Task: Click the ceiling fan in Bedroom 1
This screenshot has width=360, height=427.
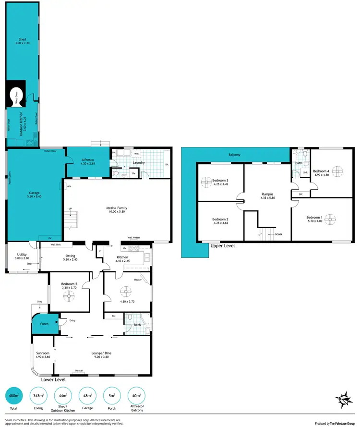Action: [x=330, y=219]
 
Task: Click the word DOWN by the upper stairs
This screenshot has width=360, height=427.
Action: [x=278, y=234]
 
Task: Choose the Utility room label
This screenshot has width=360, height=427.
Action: [x=22, y=255]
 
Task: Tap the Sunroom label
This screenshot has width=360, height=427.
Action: [x=43, y=354]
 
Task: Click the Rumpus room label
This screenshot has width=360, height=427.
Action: [x=267, y=196]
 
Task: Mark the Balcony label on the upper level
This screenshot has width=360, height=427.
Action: [x=234, y=155]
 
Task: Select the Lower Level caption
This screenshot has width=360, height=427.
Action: [x=53, y=379]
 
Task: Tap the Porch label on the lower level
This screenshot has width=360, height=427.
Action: [x=44, y=324]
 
